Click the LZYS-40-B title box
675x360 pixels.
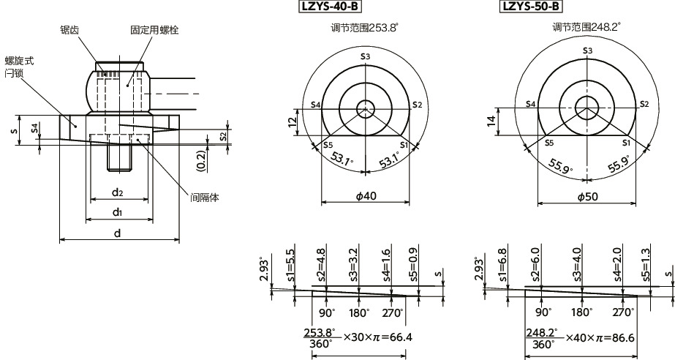tap(330, 7)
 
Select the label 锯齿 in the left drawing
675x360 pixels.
tap(70, 29)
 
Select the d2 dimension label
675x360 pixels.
tap(117, 192)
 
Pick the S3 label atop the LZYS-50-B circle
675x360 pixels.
tap(587, 50)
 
